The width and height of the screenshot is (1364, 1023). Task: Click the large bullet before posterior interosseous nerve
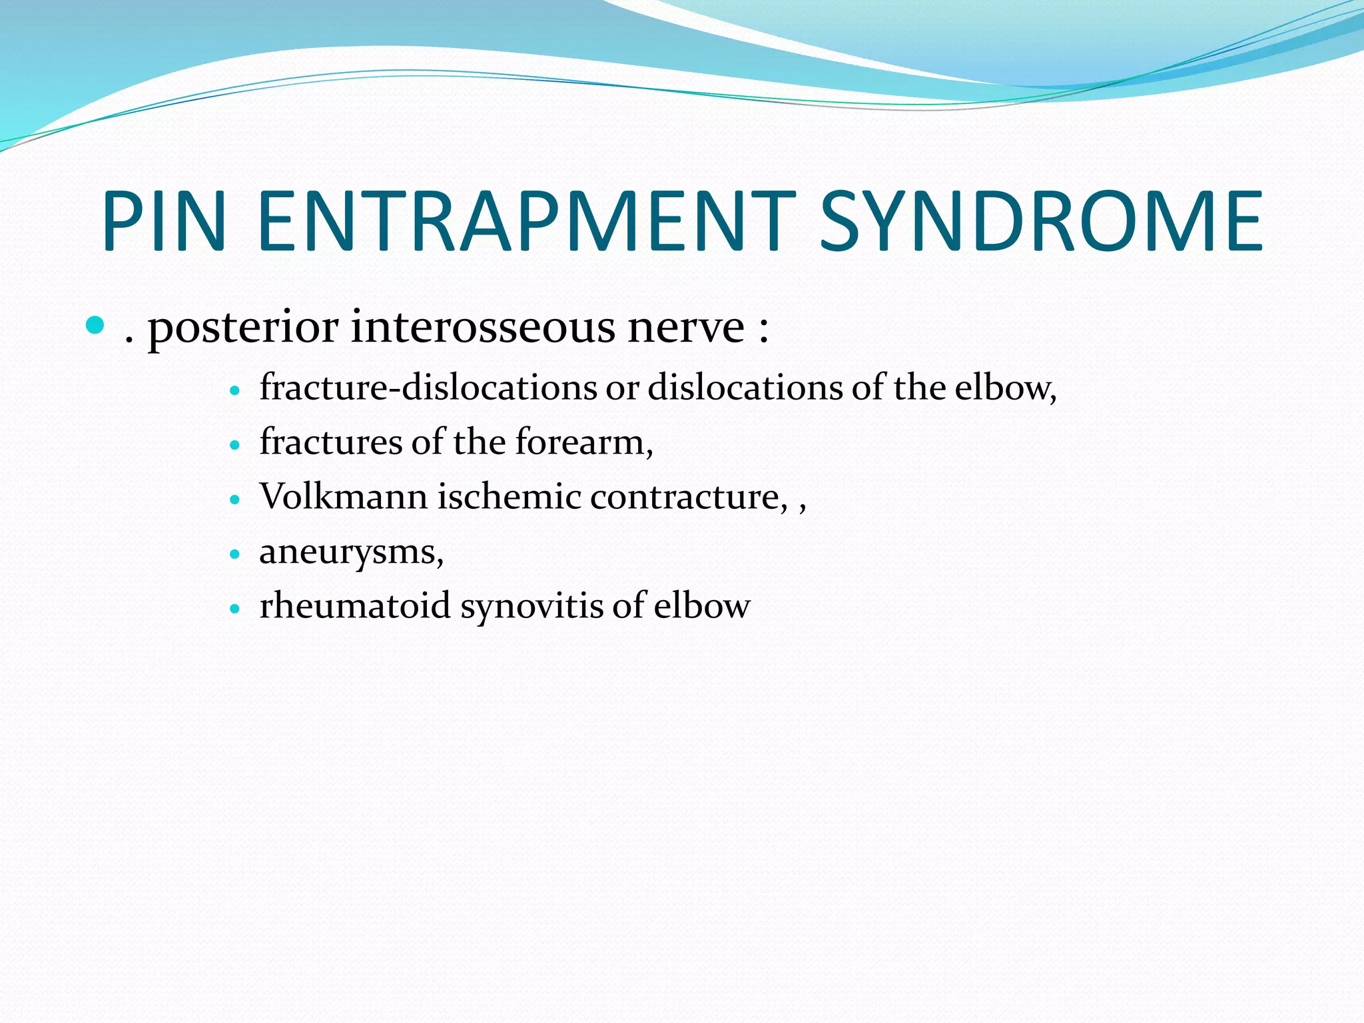(x=96, y=326)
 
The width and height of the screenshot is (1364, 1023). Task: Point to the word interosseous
(x=482, y=327)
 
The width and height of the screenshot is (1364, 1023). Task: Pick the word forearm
(x=584, y=442)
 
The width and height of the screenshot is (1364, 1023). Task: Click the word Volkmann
(x=343, y=497)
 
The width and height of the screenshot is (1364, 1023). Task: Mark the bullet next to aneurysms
(x=234, y=554)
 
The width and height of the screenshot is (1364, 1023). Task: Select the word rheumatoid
(x=355, y=606)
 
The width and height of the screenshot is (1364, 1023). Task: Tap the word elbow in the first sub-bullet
(x=1005, y=388)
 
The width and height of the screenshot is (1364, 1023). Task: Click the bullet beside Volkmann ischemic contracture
(x=234, y=500)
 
